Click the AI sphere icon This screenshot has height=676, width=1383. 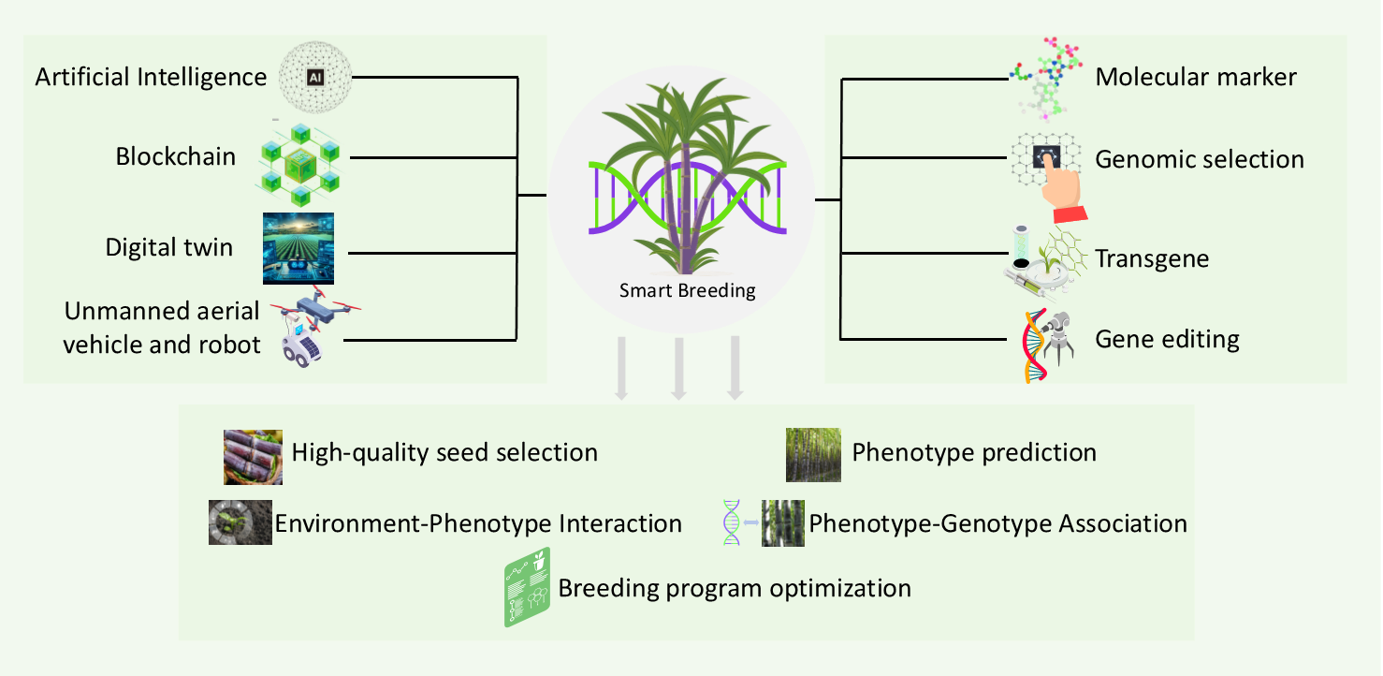315,77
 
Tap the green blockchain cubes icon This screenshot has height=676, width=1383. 299,165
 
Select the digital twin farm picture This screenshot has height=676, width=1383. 298,248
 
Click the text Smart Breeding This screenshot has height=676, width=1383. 687,290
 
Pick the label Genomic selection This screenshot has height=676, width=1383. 1199,159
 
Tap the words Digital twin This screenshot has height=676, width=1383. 169,247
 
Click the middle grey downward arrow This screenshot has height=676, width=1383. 678,368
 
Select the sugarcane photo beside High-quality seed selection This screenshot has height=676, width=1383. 253,457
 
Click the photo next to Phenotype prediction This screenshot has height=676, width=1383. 813,455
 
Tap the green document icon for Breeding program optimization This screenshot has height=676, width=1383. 527,587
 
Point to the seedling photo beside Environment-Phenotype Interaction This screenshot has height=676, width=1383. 240,522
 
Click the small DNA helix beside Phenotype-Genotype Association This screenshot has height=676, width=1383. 731,522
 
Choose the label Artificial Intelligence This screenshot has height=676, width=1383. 151,77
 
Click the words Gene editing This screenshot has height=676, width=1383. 1167,340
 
